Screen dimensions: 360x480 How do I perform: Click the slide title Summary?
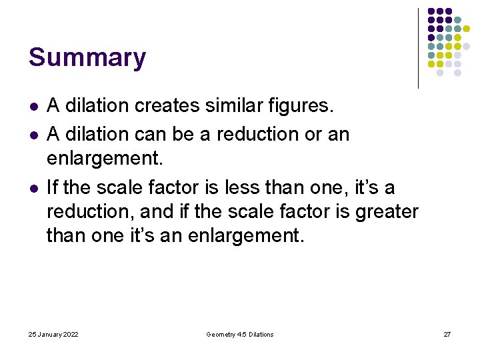coord(87,57)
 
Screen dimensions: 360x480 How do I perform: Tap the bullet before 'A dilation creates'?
coord(33,106)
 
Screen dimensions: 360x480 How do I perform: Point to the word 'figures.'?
coord(303,105)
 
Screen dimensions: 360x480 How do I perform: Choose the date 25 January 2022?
coord(53,334)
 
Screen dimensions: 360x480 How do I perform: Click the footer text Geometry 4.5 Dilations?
coord(240,334)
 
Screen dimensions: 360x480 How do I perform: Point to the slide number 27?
coord(447,334)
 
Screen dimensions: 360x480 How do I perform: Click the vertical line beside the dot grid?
coord(418,48)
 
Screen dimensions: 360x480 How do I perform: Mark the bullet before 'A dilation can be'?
coord(33,135)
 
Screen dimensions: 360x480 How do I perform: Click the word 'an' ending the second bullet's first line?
coord(338,134)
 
